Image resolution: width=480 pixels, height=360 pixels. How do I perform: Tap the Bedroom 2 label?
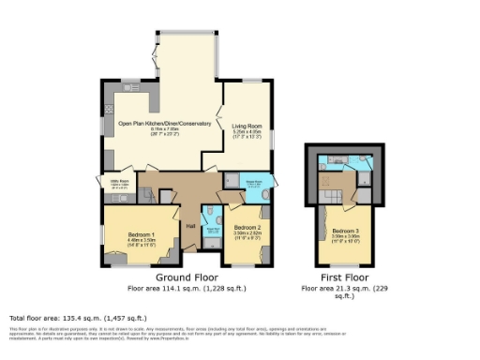tap(247, 228)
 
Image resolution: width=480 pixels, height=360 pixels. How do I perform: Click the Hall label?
tap(190, 226)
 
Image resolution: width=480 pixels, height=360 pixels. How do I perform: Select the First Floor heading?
tap(342, 278)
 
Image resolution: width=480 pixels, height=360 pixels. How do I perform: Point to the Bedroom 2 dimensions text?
tap(247, 234)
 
